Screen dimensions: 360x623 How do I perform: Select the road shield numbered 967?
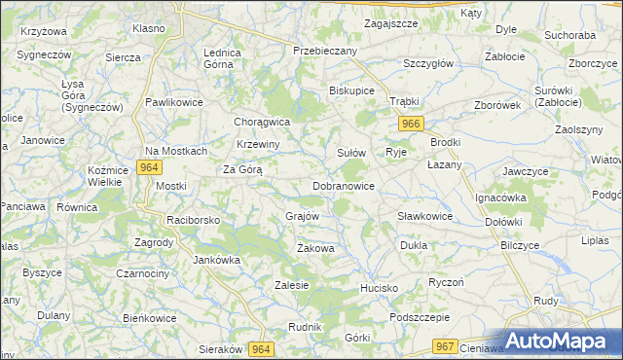click(x=446, y=346)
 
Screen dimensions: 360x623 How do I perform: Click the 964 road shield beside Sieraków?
click(x=259, y=348)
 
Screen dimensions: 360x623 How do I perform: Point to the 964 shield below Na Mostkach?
click(x=148, y=167)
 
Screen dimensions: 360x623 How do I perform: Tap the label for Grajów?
click(x=303, y=216)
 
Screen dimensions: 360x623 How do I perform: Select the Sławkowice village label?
click(x=424, y=216)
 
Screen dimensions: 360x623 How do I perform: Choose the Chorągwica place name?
click(x=263, y=123)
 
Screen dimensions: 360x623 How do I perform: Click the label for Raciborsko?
click(x=194, y=221)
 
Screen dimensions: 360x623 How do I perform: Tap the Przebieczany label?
click(x=326, y=51)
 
